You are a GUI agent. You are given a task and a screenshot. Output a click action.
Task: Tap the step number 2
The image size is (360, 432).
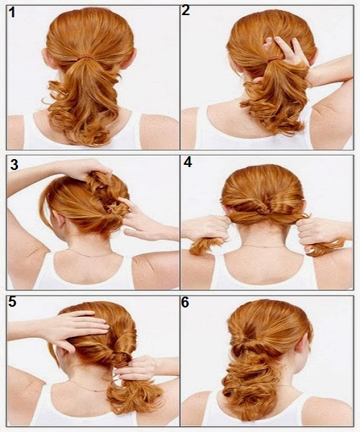coord(186,11)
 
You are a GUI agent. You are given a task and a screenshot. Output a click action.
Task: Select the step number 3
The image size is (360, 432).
coord(14,166)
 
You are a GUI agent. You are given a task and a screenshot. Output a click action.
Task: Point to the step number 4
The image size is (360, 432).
coord(187,163)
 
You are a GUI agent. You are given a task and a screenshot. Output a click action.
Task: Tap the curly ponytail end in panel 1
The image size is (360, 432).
coord(90,115)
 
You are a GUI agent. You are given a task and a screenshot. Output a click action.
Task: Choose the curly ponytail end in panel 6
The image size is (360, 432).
coord(259,396)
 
